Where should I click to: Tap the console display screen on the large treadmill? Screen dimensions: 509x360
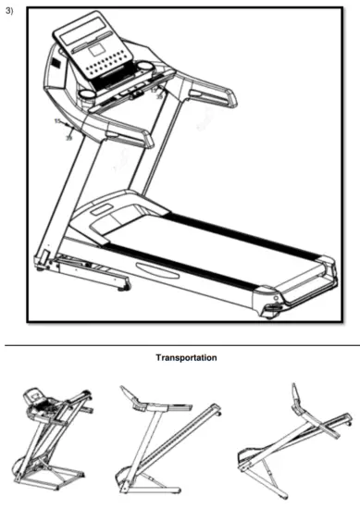93,43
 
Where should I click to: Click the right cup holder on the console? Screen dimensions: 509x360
145,68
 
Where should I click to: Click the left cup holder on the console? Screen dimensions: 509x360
87,93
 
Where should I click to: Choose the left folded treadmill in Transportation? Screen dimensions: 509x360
54,435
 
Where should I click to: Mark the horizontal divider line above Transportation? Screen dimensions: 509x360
180,344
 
